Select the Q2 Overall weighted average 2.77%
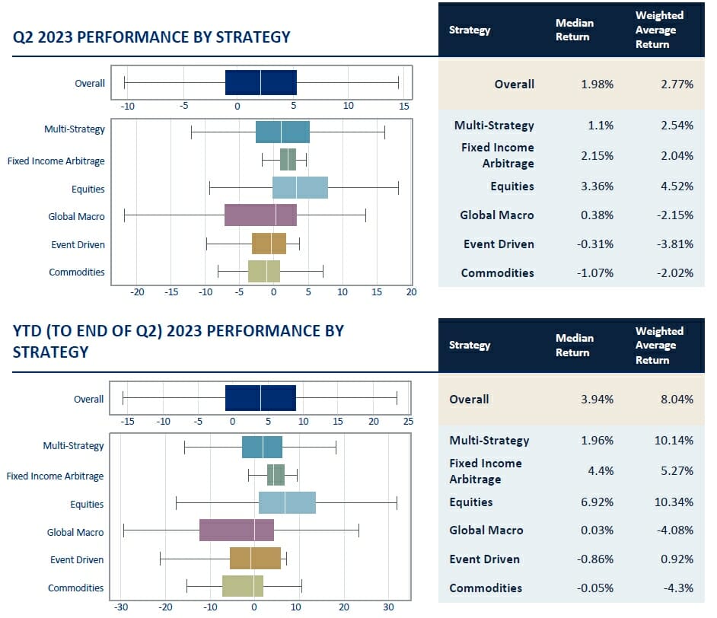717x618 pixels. pos(677,84)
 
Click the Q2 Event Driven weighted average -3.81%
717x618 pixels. pos(676,244)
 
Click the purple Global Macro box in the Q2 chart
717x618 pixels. pos(260,216)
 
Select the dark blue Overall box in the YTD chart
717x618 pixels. pos(260,399)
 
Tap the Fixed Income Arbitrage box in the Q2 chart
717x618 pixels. pos(288,161)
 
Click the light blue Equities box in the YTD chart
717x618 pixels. pos(287,504)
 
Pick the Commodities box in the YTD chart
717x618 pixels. pos(243,588)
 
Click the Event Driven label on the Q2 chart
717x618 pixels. pos(77,244)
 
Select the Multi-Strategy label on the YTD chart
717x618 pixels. pos(73,446)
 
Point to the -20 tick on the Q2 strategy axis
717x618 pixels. pos(138,292)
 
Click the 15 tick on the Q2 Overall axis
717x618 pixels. pos(403,106)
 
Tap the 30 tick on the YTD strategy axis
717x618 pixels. pos(387,607)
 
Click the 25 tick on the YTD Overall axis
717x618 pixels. pos(408,421)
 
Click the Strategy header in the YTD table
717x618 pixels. pos(470,346)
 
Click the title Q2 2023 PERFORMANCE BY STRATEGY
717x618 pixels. pos(151,37)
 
